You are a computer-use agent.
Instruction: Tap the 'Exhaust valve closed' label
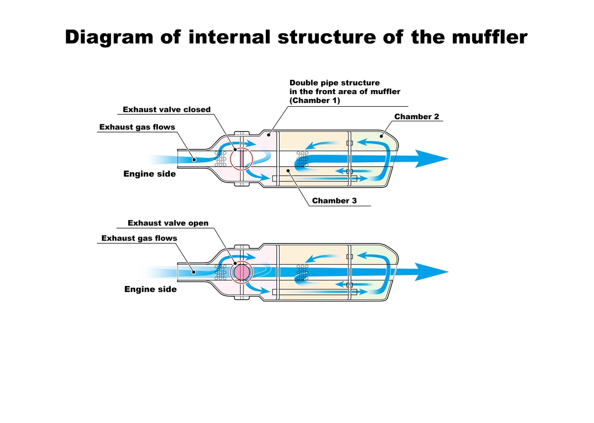(166, 109)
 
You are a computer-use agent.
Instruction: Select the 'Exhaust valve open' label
(168, 223)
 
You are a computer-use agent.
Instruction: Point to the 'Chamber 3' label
(334, 201)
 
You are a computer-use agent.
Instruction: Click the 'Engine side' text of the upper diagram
(149, 174)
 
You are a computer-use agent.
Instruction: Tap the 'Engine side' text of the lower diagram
(150, 289)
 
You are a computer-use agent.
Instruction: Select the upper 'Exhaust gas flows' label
(137, 127)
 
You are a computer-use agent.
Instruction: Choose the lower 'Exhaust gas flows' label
(139, 238)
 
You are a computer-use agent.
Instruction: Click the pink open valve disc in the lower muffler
(242, 272)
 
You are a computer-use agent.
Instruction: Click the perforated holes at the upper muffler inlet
(221, 158)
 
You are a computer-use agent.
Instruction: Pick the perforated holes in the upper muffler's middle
(302, 158)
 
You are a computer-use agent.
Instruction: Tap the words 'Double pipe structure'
(334, 83)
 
